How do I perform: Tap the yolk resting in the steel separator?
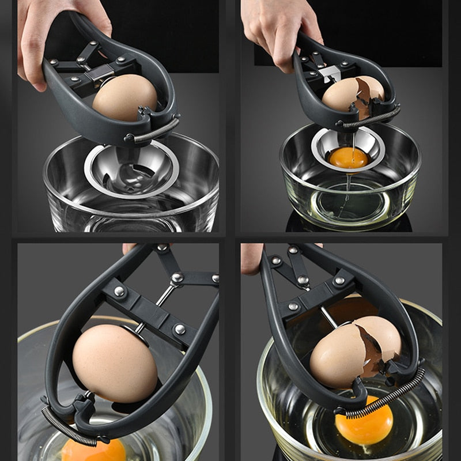pos(348,157)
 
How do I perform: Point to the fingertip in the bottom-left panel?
pos(130,248)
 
